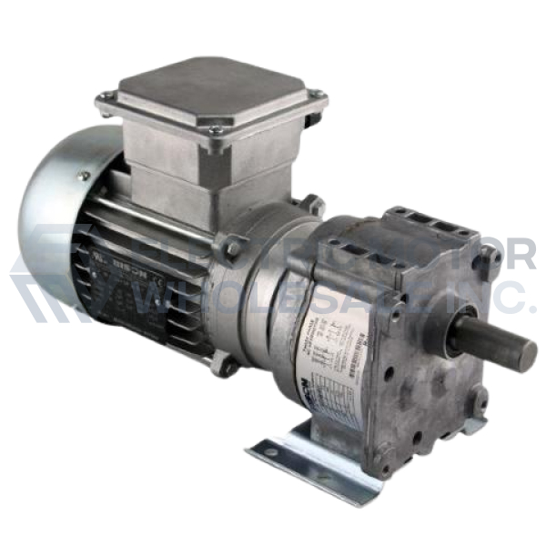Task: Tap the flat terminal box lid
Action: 214,91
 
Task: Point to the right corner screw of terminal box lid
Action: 316,94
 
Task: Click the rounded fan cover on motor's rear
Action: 55,218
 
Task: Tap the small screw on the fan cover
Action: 83,176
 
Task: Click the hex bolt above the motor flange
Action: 234,247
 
